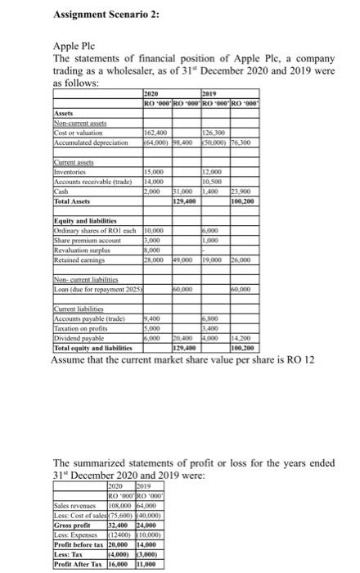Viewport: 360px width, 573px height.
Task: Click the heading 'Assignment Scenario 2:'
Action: pos(107,14)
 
